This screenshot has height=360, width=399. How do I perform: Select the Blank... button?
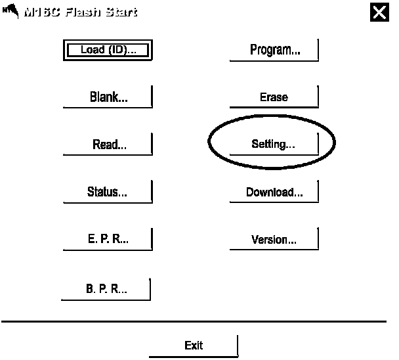click(x=108, y=98)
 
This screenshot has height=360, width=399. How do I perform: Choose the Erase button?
click(x=274, y=97)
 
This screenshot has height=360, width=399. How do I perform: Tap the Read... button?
click(x=108, y=145)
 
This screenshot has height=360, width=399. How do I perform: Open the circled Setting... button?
click(x=274, y=145)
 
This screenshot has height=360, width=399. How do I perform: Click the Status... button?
click(x=108, y=192)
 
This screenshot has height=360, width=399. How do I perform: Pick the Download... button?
click(x=274, y=192)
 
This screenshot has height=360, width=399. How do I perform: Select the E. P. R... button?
click(x=108, y=240)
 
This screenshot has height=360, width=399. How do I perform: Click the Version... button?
click(x=274, y=240)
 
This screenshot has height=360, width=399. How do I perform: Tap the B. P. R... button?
click(x=106, y=289)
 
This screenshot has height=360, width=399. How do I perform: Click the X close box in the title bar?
click(x=379, y=12)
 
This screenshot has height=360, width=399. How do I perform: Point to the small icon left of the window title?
click(x=10, y=11)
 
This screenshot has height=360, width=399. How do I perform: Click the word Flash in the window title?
click(x=83, y=12)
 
